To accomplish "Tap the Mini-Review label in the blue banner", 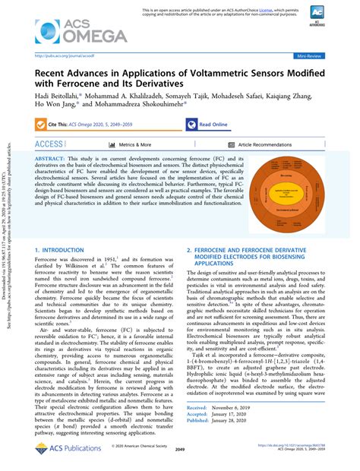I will coord(311,56).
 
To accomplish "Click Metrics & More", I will coord(134,144).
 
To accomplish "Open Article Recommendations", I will coord(264,144).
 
